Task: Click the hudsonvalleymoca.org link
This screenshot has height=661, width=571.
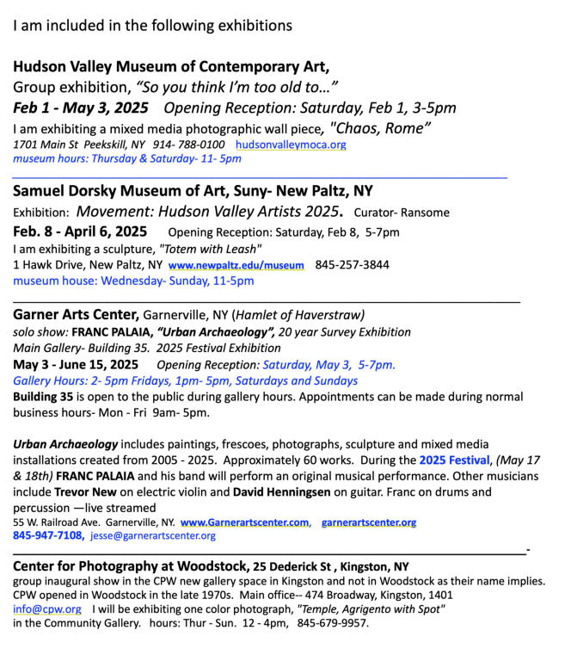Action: click(291, 145)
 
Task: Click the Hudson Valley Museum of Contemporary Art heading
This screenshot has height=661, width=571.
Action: click(171, 66)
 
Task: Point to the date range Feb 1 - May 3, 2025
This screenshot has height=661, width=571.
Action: click(81, 108)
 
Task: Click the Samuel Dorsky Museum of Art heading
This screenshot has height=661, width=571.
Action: click(193, 191)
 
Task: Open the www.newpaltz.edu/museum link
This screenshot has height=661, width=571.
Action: click(236, 266)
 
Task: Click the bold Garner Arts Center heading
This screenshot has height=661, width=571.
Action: click(76, 315)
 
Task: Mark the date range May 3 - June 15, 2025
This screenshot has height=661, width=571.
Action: click(76, 365)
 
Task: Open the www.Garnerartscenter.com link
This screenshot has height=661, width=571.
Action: click(244, 522)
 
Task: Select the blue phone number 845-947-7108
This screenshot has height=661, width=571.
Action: click(47, 535)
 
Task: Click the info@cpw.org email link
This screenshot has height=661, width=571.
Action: click(47, 609)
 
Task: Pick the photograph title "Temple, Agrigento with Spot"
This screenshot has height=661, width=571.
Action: click(371, 609)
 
